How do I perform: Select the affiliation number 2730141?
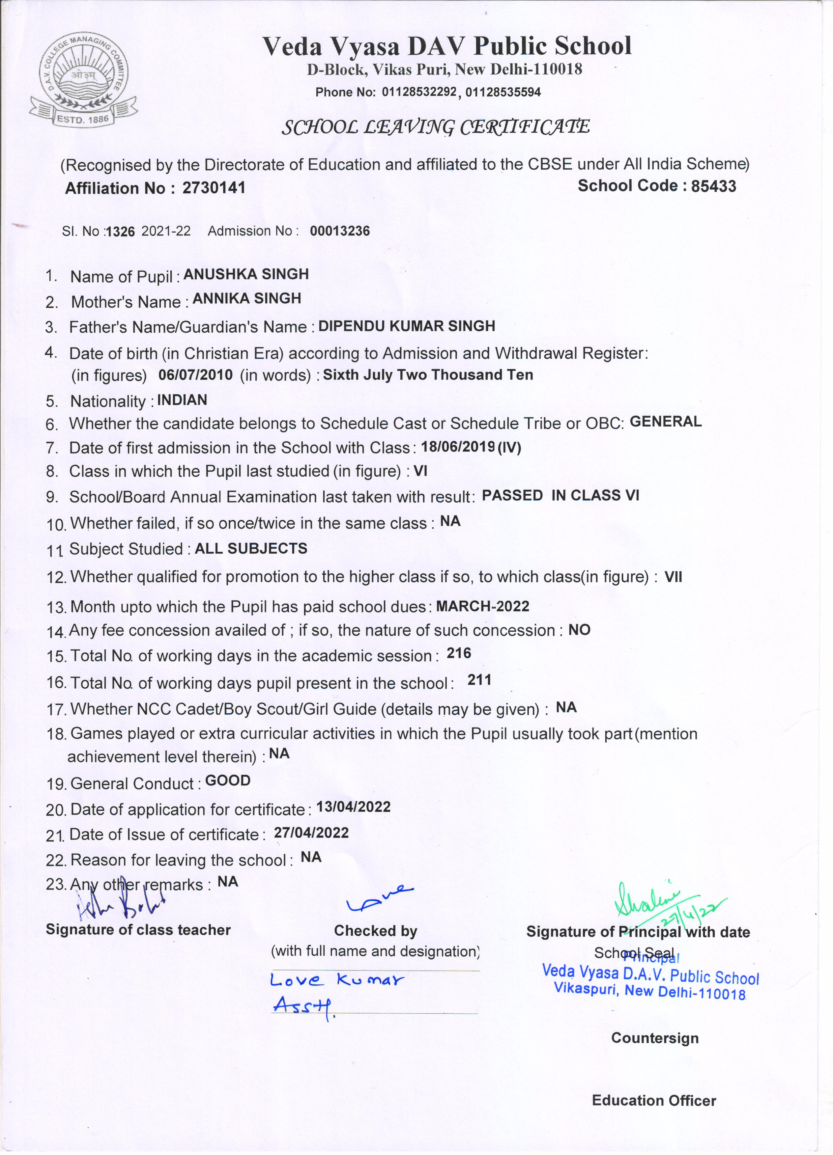(x=214, y=188)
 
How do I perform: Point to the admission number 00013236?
(x=340, y=231)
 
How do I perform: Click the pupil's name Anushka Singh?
(x=246, y=274)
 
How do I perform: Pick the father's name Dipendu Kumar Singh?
(x=407, y=326)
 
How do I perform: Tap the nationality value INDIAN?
(x=182, y=400)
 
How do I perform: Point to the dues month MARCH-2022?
(x=482, y=606)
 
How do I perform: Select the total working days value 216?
(x=459, y=653)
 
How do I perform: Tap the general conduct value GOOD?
(x=228, y=781)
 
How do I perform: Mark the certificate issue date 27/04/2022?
(x=311, y=833)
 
